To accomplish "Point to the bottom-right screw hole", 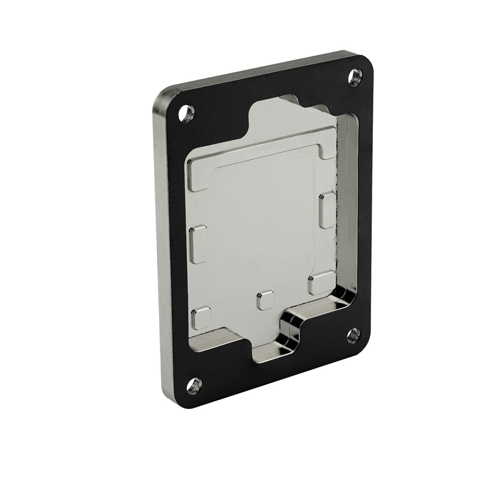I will (x=353, y=334).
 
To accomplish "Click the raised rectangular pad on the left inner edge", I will (x=199, y=244).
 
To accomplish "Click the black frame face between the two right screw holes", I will (x=363, y=206).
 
